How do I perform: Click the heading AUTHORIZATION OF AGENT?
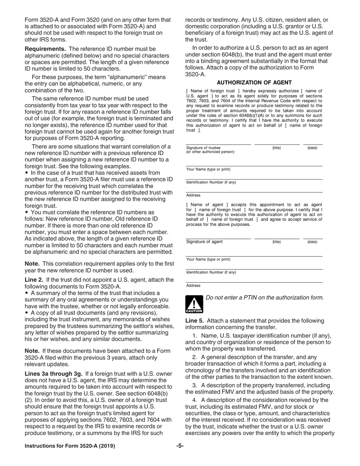254,83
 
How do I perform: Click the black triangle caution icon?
194,304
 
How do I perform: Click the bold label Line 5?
195,321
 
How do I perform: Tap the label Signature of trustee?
203,148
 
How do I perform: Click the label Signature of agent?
204,242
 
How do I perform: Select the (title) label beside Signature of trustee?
277,148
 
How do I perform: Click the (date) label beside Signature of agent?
312,242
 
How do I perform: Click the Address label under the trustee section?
193,195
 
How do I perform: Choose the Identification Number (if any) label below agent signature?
211,272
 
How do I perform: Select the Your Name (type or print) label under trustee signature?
208,169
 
